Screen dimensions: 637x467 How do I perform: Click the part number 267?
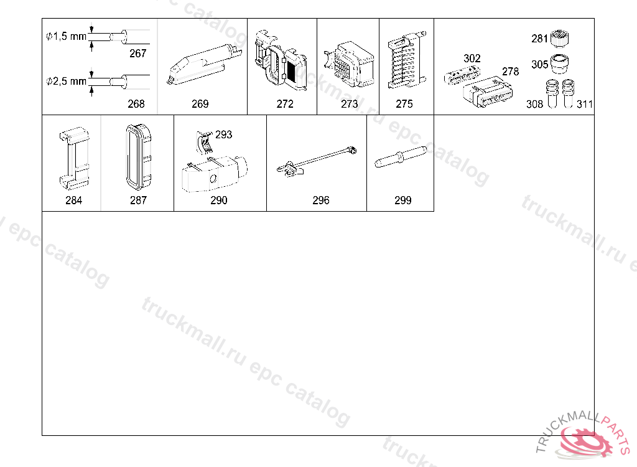click(137, 54)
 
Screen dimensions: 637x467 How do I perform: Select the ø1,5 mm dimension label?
click(66, 37)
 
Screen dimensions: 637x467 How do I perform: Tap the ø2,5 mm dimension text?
click(66, 82)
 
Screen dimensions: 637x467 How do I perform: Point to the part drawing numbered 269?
click(204, 65)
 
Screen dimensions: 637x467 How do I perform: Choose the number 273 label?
click(350, 104)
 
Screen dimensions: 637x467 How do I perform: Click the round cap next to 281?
click(559, 38)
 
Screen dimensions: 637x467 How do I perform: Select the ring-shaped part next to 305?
click(559, 64)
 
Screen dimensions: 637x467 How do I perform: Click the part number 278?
click(510, 72)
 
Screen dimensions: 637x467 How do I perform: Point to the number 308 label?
click(534, 105)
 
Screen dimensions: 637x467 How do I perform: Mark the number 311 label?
click(585, 105)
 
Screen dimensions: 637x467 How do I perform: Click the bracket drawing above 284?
click(74, 158)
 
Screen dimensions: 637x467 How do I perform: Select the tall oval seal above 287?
click(139, 157)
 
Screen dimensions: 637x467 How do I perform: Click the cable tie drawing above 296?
click(317, 162)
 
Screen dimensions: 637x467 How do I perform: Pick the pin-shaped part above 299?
click(400, 157)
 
